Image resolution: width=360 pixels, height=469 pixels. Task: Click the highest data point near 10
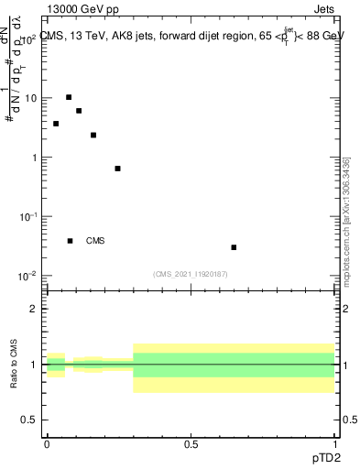pyautogui.click(x=69, y=97)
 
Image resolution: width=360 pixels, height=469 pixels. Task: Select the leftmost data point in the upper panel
pyautogui.click(x=56, y=124)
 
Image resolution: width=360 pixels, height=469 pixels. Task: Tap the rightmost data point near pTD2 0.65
pyautogui.click(x=235, y=247)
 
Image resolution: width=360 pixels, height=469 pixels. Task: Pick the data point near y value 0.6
pyautogui.click(x=117, y=169)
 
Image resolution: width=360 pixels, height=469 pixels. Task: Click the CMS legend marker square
pyautogui.click(x=71, y=241)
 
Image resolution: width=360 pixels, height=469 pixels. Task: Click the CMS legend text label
pyautogui.click(x=95, y=241)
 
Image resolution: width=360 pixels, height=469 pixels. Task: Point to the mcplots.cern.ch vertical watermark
pyautogui.click(x=348, y=220)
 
